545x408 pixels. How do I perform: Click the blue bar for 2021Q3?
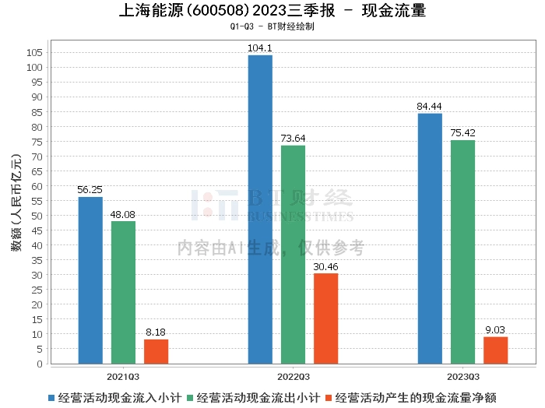90,280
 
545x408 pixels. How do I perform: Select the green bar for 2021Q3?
123,293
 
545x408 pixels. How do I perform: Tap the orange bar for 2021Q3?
156,351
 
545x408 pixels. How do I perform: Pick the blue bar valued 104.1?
260,209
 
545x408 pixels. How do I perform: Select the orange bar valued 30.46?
325,318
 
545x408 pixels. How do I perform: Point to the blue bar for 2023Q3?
430,238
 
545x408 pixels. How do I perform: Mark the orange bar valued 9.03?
495,350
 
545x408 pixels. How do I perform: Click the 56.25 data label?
90,189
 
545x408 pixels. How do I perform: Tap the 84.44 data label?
430,106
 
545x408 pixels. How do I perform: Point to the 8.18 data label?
156,332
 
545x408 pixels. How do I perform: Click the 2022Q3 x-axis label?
293,376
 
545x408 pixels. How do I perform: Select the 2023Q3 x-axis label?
462,376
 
